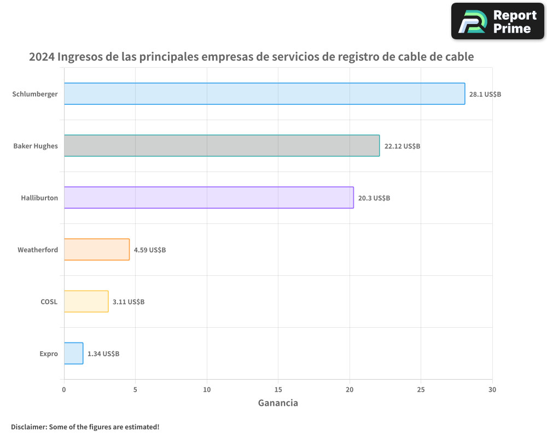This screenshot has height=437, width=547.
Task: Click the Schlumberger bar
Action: (264, 94)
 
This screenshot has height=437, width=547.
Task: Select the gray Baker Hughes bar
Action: (222, 146)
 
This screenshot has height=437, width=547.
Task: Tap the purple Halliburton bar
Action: (208, 198)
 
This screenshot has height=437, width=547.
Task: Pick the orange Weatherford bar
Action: (97, 250)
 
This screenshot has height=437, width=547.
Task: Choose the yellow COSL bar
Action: (86, 302)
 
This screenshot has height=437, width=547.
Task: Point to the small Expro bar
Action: (73, 353)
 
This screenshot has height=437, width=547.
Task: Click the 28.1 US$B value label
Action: (485, 95)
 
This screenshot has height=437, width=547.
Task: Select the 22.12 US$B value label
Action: (402, 146)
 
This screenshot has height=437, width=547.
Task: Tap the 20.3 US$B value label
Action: (374, 198)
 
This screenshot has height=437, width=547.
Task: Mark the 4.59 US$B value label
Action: (150, 250)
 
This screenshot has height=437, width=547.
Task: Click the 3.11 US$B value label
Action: (129, 302)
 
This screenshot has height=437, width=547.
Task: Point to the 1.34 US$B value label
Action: (103, 354)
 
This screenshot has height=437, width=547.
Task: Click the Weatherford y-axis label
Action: (38, 250)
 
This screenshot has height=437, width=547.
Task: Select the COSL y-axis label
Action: (49, 302)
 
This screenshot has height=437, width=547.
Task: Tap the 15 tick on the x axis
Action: (278, 389)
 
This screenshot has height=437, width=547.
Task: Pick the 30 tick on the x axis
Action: (492, 389)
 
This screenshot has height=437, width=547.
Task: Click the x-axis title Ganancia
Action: (278, 403)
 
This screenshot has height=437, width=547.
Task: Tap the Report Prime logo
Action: (498, 21)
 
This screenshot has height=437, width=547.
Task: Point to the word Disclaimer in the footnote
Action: (28, 427)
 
